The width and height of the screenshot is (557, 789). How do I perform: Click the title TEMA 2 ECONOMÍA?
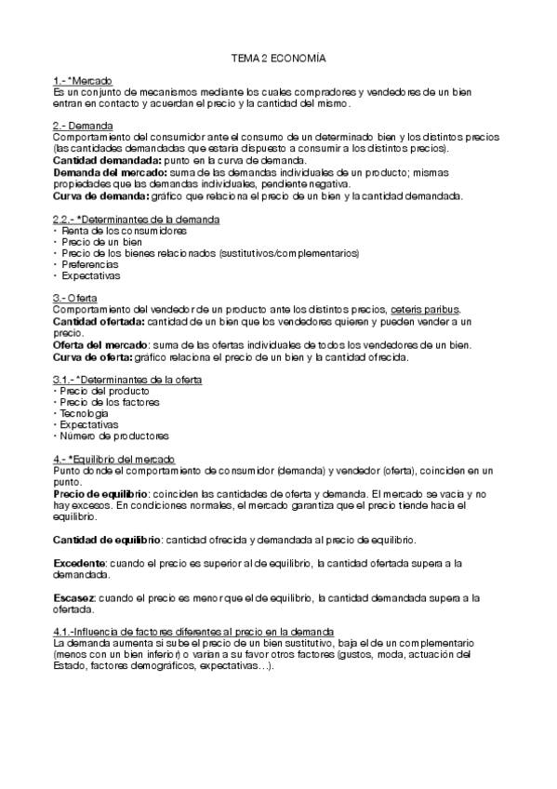[279, 59]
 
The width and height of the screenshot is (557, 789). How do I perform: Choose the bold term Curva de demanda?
[92, 195]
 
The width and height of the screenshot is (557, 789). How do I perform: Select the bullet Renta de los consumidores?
[113, 230]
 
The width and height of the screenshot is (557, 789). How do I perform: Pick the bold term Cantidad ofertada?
[91, 321]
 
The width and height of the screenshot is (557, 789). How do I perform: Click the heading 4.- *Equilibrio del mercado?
[113, 460]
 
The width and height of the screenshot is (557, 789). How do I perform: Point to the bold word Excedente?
[80, 564]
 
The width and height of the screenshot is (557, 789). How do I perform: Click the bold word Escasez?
[74, 598]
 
